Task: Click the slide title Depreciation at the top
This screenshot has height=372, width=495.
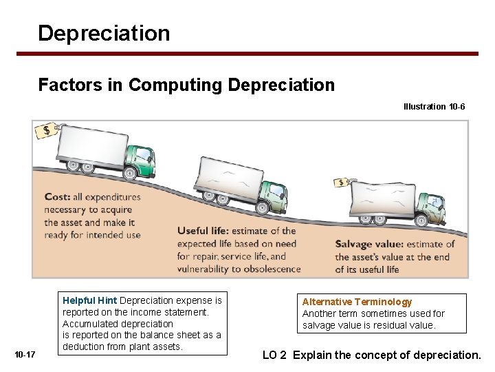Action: point(104,33)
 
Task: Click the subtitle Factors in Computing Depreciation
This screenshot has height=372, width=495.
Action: point(186,85)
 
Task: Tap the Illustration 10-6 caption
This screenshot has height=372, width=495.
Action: point(434,107)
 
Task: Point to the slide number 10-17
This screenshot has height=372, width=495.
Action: point(25,354)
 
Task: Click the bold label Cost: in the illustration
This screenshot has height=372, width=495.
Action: point(57,197)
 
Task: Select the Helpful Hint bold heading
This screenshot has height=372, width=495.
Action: point(89,300)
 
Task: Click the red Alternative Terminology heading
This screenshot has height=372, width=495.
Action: point(357,302)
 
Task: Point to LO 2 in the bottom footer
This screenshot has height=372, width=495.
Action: point(274,355)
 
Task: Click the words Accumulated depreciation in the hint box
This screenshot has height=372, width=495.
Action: point(118,324)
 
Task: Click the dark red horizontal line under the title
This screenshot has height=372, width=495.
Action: point(258,54)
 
